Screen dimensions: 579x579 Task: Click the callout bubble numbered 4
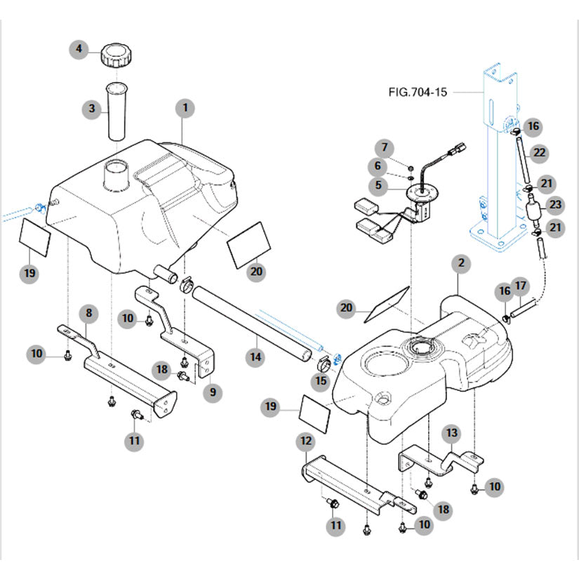pyautogui.click(x=79, y=49)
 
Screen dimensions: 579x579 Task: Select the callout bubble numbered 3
pyautogui.click(x=91, y=109)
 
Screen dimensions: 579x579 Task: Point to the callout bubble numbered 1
pyautogui.click(x=185, y=108)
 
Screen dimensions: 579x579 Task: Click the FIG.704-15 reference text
pyautogui.click(x=418, y=91)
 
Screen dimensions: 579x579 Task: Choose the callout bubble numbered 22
pyautogui.click(x=540, y=152)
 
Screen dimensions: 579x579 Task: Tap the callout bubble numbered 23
pyautogui.click(x=555, y=205)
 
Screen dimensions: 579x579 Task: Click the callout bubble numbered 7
pyautogui.click(x=384, y=147)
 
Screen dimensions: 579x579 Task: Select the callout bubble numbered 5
pyautogui.click(x=380, y=185)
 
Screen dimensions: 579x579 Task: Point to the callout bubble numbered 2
pyautogui.click(x=461, y=263)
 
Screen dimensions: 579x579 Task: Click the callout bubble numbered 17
pyautogui.click(x=540, y=286)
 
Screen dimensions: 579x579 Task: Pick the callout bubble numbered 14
pyautogui.click(x=256, y=357)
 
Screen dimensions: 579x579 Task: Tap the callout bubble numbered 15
pyautogui.click(x=321, y=381)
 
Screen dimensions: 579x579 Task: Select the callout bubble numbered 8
pyautogui.click(x=89, y=312)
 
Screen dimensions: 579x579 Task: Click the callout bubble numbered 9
pyautogui.click(x=213, y=392)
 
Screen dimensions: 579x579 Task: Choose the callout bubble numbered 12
pyautogui.click(x=305, y=441)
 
